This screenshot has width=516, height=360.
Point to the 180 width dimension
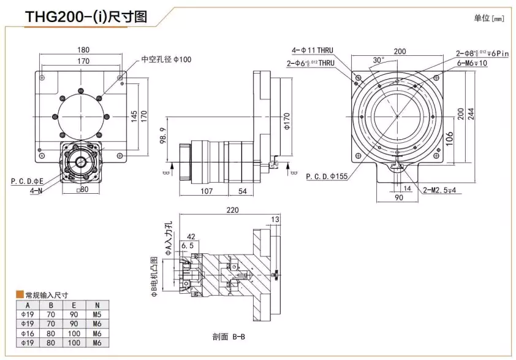tap(83, 50)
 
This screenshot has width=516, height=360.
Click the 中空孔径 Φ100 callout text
tap(166, 59)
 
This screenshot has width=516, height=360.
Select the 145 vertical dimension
tap(134, 115)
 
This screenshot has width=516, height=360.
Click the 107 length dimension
tap(207, 191)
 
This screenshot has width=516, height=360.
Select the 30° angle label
tap(379, 60)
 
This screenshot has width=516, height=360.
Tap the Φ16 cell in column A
tap(27, 333)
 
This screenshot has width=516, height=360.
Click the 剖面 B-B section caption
tap(229, 337)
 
